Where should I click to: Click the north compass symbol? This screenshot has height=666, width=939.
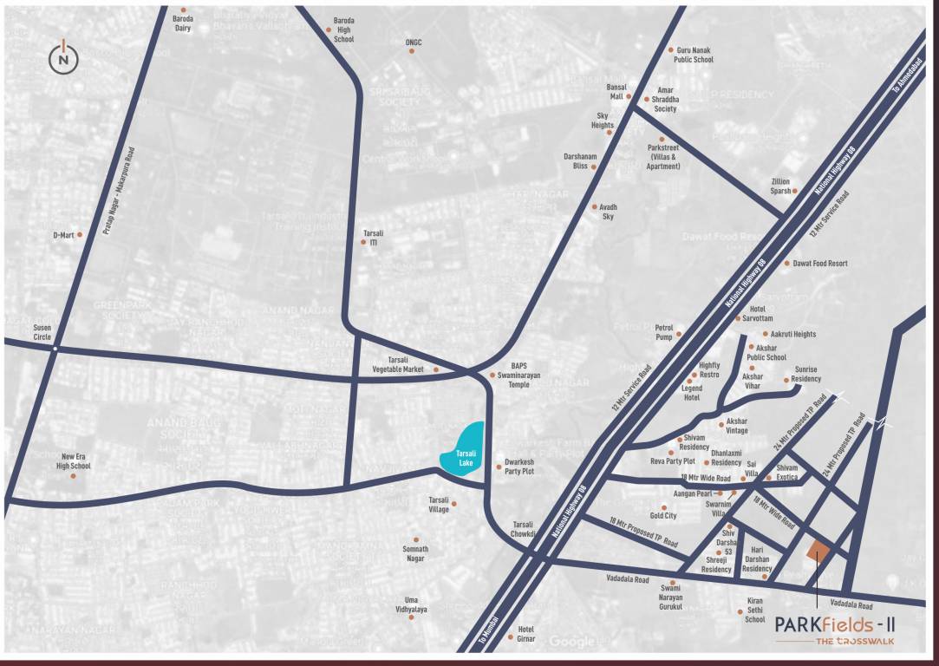pos(63,58)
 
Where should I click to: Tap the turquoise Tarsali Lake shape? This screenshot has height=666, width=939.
pos(465,449)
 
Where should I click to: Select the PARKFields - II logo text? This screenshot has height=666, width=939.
pos(833,624)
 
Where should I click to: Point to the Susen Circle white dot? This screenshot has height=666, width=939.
pos(55,348)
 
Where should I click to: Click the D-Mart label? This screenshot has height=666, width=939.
pos(62,235)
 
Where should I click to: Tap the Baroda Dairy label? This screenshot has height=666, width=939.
pos(182,23)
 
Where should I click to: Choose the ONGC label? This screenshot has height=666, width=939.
pos(413,42)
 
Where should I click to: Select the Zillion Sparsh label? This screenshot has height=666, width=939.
pos(780,186)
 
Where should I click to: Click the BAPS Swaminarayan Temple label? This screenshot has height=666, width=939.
pos(518,375)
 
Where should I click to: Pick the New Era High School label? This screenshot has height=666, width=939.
pos(75,460)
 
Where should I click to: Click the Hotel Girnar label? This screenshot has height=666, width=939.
pos(525,634)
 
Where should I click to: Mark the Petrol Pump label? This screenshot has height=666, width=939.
pos(664,332)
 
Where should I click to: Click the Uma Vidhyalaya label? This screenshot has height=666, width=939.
pos(416,604)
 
